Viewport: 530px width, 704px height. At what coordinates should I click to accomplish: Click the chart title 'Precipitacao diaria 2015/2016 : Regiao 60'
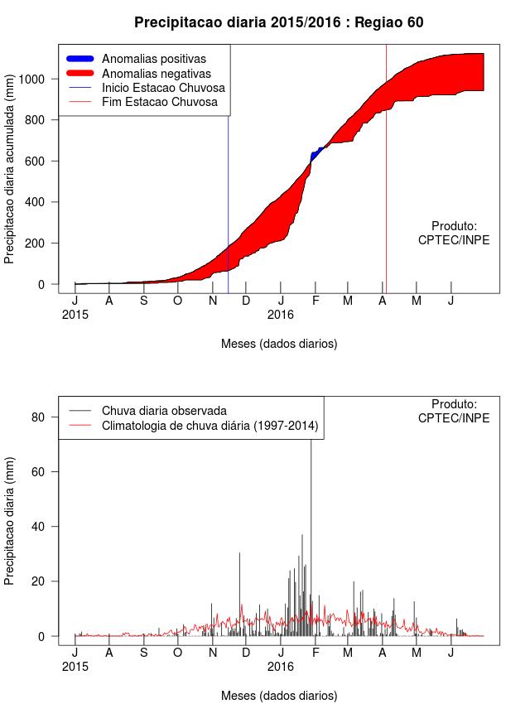278,22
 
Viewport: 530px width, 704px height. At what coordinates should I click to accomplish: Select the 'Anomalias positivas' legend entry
153,59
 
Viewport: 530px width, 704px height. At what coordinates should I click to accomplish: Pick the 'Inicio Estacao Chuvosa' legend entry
163,88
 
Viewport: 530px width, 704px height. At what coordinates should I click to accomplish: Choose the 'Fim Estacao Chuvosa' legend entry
160,102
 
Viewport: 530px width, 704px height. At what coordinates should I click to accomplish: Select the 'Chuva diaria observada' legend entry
164,410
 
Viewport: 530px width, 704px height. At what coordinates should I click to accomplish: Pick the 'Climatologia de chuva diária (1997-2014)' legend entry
210,427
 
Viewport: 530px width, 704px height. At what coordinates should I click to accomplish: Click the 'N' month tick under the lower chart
213,653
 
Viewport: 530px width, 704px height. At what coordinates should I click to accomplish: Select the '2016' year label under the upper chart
281,315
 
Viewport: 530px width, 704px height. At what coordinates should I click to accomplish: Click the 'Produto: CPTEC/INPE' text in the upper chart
454,233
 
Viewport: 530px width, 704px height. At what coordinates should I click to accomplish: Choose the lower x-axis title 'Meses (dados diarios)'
279,695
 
